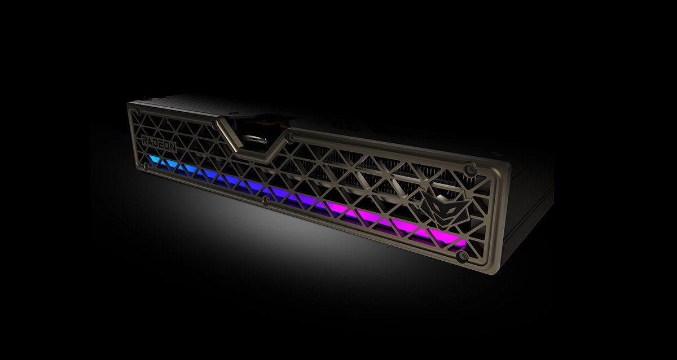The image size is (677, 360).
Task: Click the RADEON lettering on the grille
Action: (159, 143)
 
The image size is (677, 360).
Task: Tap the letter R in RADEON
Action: (144, 140)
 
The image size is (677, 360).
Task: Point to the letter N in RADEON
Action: (173, 147)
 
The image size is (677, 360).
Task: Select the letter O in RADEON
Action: (168, 146)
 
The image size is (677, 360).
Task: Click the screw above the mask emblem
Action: (469, 169)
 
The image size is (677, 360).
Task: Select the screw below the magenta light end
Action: (463, 256)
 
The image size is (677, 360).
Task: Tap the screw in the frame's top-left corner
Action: (138, 112)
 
